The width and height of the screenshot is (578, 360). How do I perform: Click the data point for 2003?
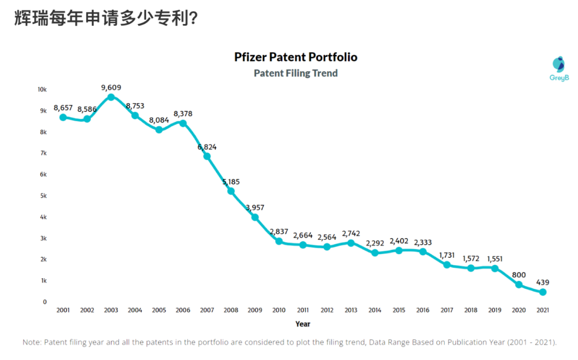[x=111, y=97]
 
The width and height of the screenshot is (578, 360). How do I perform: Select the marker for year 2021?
[x=543, y=292]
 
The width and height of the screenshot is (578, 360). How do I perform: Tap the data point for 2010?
[x=279, y=241]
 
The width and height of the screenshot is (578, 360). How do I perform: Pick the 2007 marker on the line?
[x=207, y=156]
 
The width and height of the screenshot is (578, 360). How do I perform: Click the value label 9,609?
[x=111, y=87]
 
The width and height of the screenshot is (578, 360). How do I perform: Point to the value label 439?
[x=543, y=282]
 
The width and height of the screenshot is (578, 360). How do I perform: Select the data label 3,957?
[x=255, y=208]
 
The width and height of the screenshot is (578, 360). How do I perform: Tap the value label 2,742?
[x=351, y=233]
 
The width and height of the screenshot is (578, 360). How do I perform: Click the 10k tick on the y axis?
[x=42, y=89]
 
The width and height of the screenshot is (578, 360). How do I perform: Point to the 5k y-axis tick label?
[x=43, y=196]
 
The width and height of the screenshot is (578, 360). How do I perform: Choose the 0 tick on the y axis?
[x=45, y=302]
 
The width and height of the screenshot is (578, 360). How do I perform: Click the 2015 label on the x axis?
[x=399, y=310]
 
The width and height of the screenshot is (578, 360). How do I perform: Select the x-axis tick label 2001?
[x=63, y=310]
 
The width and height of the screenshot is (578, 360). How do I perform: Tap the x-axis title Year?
[x=302, y=324]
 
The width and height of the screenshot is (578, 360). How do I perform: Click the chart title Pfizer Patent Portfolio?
[x=295, y=57]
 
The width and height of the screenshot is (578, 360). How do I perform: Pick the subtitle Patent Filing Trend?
[x=295, y=73]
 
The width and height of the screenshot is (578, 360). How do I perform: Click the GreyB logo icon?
[x=559, y=64]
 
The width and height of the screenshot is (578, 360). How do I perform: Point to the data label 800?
[x=519, y=275]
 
